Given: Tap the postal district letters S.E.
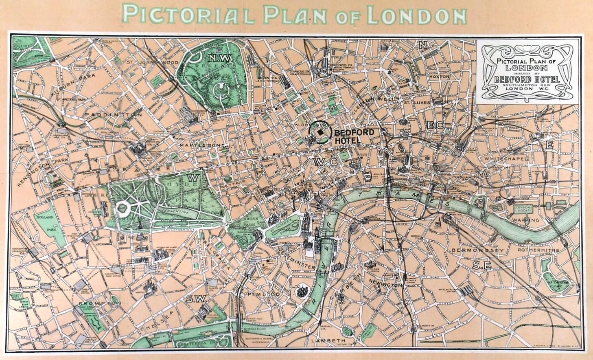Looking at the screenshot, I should pyautogui.click(x=482, y=266).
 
